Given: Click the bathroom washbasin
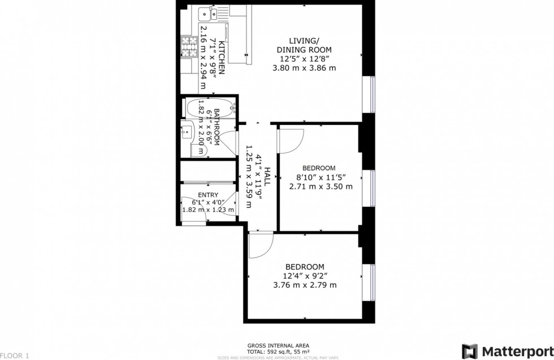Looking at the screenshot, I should pos(188,132).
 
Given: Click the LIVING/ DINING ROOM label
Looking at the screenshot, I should pos(304,45).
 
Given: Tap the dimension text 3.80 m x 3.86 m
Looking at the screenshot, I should pos(304,68).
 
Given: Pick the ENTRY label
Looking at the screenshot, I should pos(207,195).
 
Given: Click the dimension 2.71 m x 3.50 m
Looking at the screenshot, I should pos(321,186).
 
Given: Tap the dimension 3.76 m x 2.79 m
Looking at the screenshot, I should pos(304,285).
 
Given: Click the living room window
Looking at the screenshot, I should pos(372,93).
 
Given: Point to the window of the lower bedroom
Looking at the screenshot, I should pos(372,280).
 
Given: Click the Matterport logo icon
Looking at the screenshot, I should pos(469,351).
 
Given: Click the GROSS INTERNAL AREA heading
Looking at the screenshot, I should pos(278,345).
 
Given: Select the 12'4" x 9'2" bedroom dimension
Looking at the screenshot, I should pos(304,276).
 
